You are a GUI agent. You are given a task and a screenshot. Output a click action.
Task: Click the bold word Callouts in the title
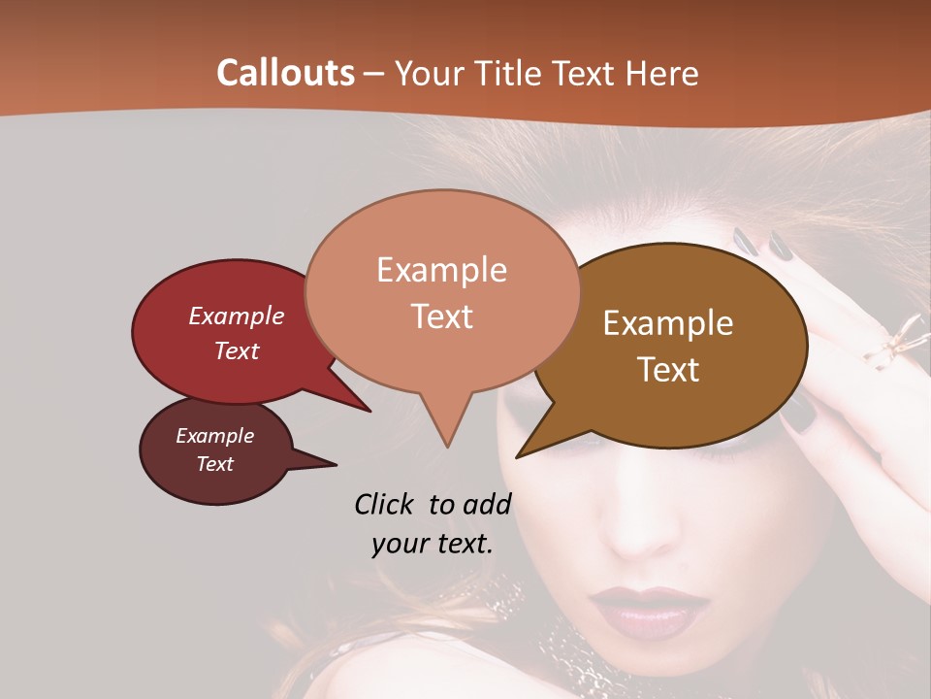point(285,73)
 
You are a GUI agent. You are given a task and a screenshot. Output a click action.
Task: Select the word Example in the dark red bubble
point(237,316)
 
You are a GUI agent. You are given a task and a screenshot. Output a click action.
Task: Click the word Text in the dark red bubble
point(237,350)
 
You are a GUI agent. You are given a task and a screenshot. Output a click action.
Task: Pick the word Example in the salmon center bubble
point(441,270)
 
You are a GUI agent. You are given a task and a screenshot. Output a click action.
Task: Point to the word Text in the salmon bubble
point(441,316)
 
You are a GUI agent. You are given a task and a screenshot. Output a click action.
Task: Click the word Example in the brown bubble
point(668,323)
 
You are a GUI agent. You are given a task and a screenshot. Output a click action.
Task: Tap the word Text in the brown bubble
point(668,370)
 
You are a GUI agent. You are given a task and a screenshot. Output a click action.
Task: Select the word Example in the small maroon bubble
point(215,436)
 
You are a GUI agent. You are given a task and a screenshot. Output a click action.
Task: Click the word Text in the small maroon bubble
point(215,464)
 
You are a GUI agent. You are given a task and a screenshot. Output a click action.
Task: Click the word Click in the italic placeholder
point(386,504)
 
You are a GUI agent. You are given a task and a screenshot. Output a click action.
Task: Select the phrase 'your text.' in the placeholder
point(433,544)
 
